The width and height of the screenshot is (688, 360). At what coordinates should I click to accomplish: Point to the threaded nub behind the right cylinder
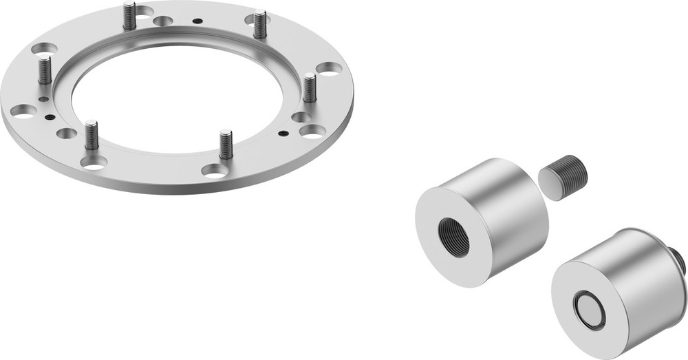680,260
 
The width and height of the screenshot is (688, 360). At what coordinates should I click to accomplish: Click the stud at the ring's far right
310,87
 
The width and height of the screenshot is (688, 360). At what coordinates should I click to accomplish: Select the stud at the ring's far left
45,70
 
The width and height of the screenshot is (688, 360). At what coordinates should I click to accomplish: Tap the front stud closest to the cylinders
226,145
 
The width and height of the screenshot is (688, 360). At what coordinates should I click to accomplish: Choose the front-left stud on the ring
92,135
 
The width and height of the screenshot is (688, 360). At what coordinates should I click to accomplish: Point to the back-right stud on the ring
259,25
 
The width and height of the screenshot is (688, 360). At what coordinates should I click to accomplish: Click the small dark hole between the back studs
198,21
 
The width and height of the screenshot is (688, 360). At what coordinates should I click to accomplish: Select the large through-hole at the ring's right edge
329,69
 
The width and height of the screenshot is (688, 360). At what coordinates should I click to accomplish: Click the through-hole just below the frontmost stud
215,170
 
